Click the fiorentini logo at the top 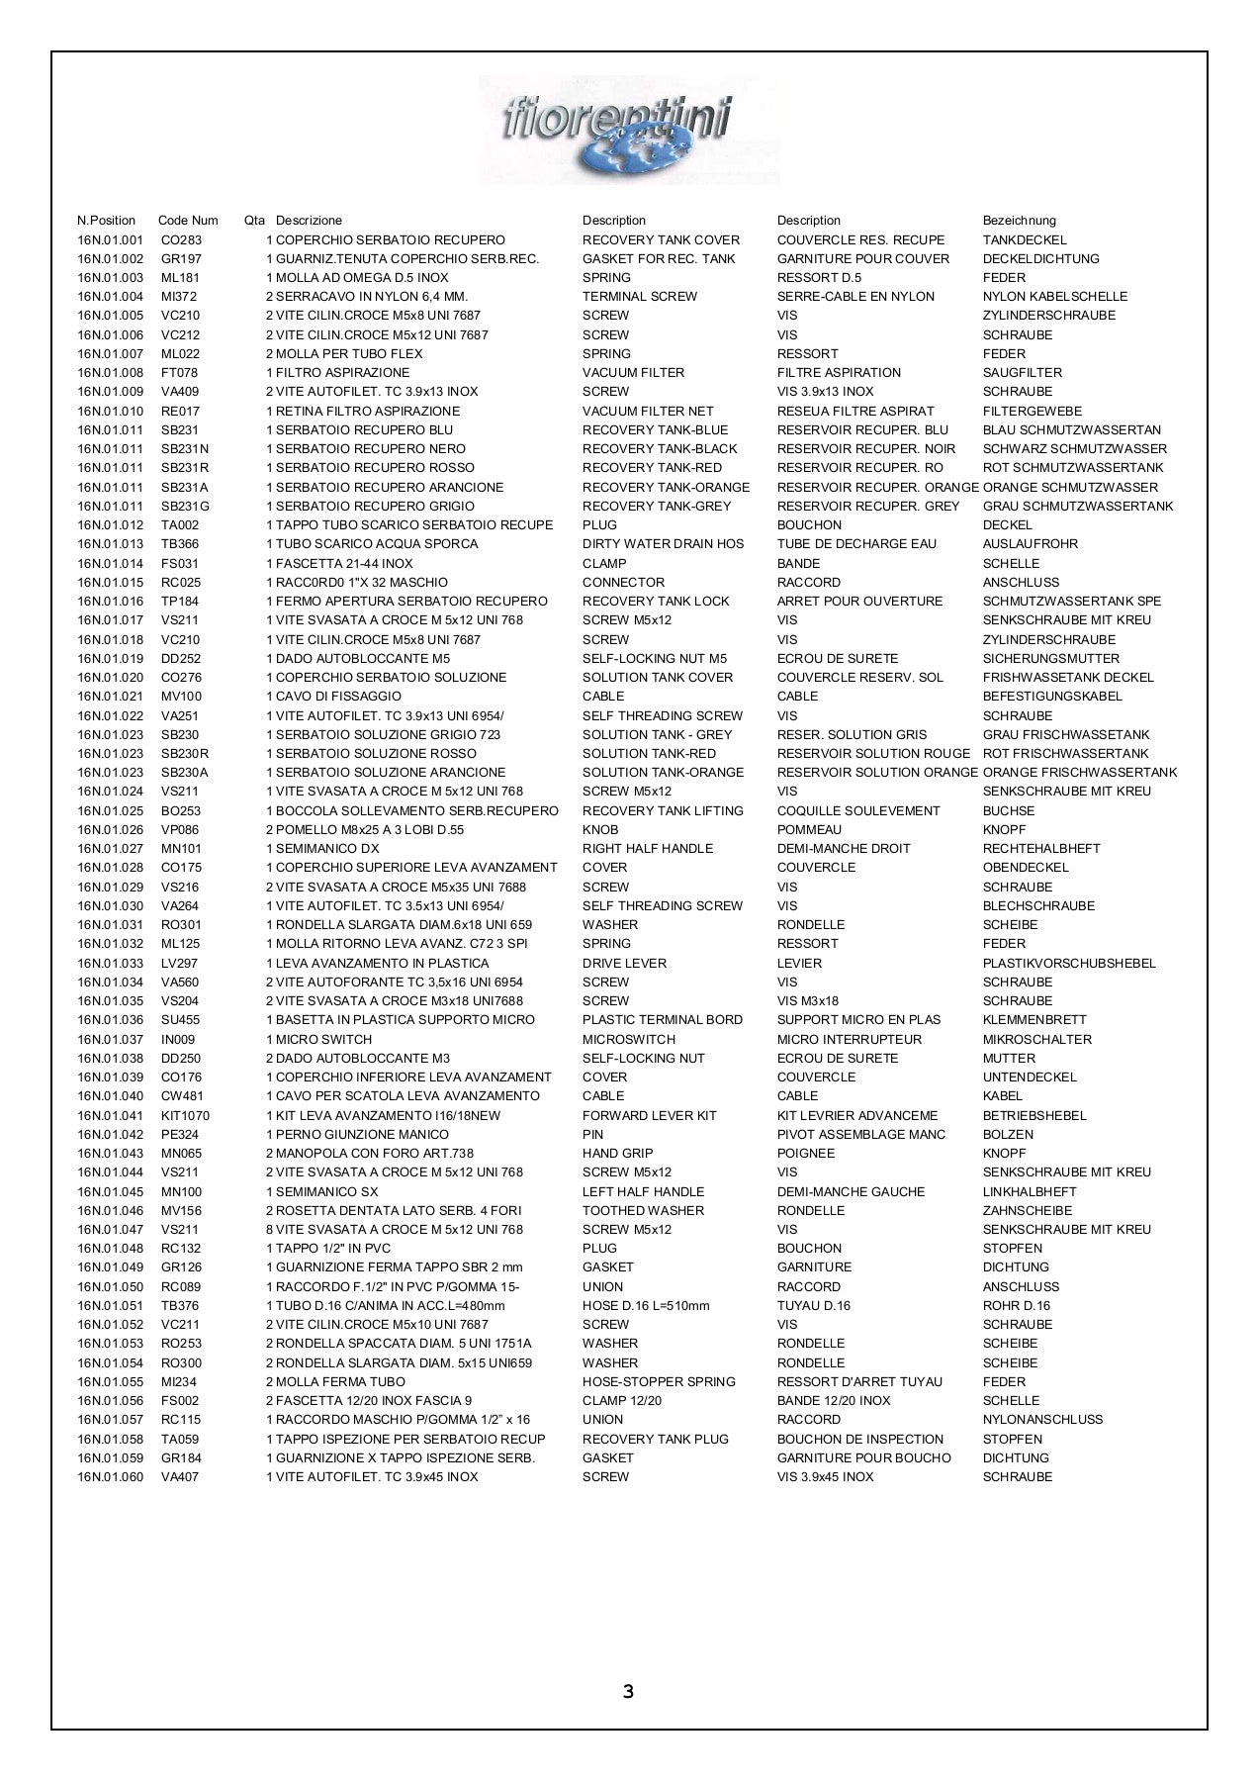[x=629, y=129]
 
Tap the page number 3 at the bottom [x=629, y=1691]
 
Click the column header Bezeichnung [x=1019, y=221]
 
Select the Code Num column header [x=188, y=221]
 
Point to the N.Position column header [x=107, y=221]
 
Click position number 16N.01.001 [x=111, y=240]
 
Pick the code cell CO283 [x=181, y=240]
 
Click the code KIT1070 [x=185, y=1116]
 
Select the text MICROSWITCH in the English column [x=629, y=1040]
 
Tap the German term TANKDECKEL [x=1025, y=240]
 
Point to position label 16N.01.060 [x=111, y=1477]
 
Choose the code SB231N [x=185, y=449]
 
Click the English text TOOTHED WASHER [x=643, y=1211]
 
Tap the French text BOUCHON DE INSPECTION [x=859, y=1440]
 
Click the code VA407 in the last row [x=180, y=1477]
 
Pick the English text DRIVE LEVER [x=624, y=964]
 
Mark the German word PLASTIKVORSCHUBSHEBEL [x=1069, y=964]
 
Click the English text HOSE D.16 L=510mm [x=646, y=1306]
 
